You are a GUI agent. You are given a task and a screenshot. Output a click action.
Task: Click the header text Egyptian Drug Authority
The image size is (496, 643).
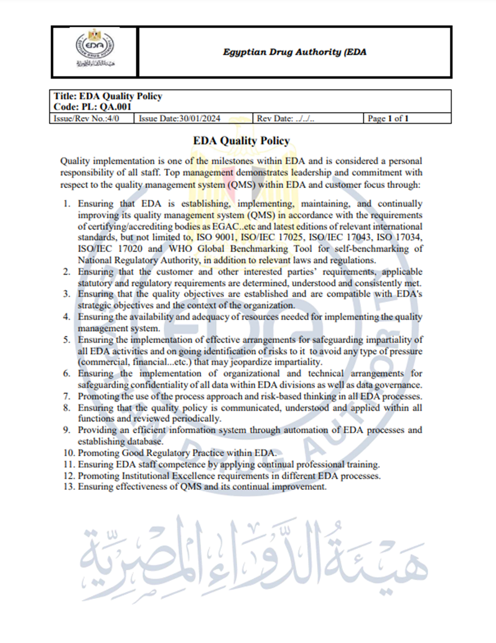tap(294, 52)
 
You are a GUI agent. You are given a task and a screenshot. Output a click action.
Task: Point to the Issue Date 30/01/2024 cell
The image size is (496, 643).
tap(179, 118)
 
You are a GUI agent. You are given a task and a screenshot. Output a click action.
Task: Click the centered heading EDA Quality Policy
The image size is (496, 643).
tap(241, 141)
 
